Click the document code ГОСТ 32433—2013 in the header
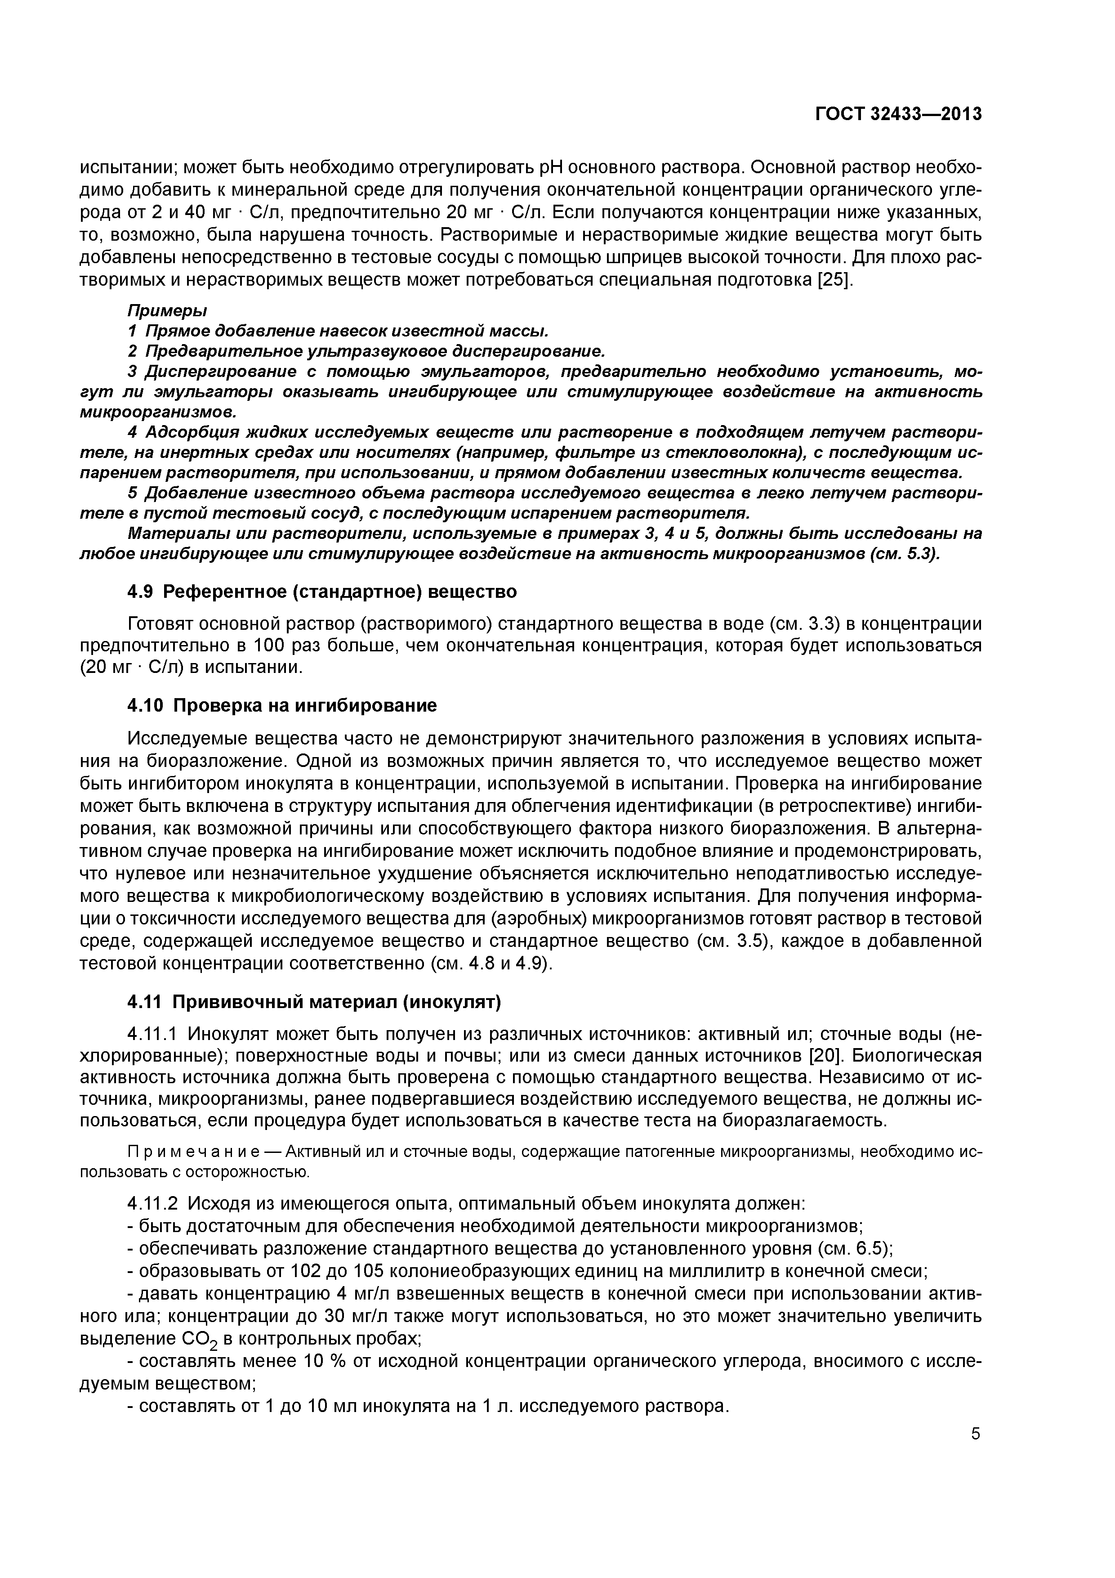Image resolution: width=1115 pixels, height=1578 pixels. (x=898, y=114)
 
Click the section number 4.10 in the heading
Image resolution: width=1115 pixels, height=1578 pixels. (x=146, y=706)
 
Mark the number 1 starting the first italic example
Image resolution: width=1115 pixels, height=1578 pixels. (x=132, y=331)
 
